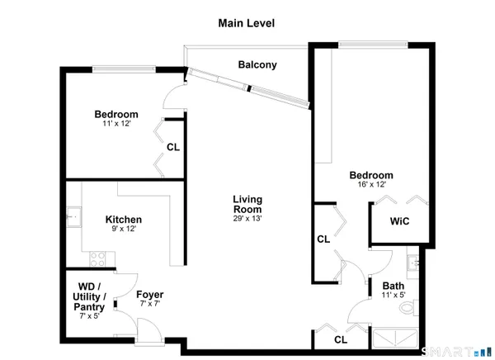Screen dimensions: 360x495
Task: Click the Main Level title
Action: click(247, 23)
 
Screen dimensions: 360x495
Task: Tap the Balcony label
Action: click(257, 64)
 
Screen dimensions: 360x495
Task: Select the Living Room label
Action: click(247, 204)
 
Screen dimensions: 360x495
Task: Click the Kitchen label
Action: click(124, 220)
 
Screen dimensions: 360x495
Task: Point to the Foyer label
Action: click(150, 294)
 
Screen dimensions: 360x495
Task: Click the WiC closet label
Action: click(400, 222)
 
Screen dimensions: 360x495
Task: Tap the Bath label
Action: click(392, 287)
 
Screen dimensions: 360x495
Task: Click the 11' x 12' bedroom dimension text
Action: click(115, 124)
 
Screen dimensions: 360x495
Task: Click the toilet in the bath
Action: click(407, 310)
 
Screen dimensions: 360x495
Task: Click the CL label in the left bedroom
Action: click(173, 148)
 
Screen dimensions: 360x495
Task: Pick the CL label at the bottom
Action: click(341, 339)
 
